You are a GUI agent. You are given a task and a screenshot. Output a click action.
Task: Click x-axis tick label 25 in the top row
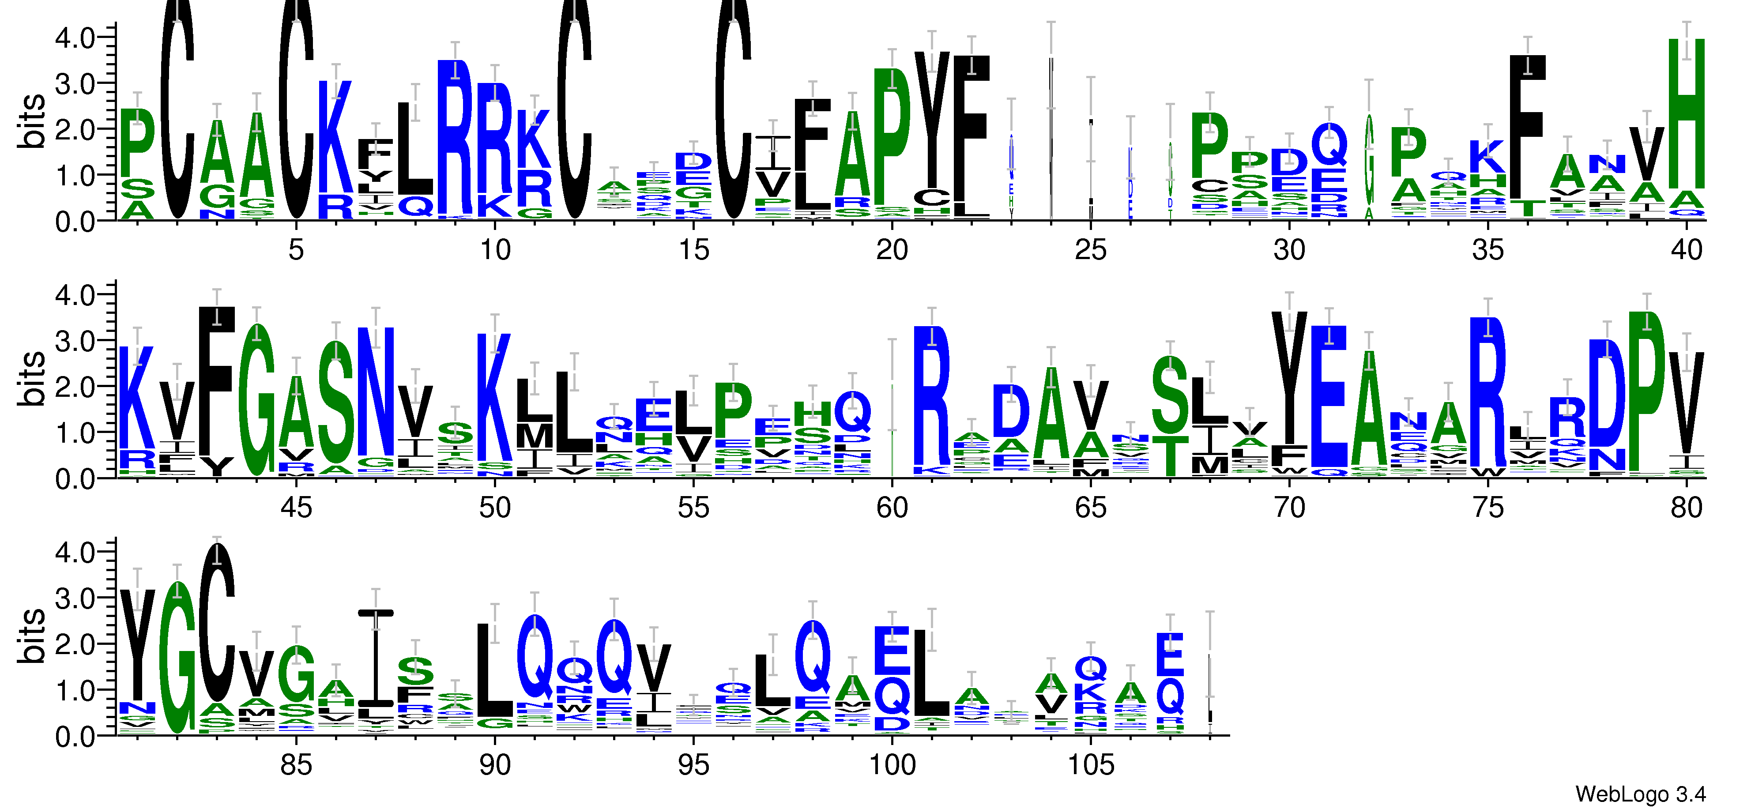[x=1090, y=250]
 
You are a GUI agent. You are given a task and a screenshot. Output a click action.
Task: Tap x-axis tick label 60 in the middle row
[x=892, y=508]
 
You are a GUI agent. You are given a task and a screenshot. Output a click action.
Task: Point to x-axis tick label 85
[x=296, y=765]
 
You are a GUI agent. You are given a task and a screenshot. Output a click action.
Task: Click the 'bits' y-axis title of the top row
[x=33, y=121]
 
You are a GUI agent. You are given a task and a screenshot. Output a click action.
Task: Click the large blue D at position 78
[x=1607, y=394]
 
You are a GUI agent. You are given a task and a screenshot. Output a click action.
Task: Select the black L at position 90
[x=494, y=670]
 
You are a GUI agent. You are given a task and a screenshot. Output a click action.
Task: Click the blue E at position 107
[x=1170, y=654]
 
